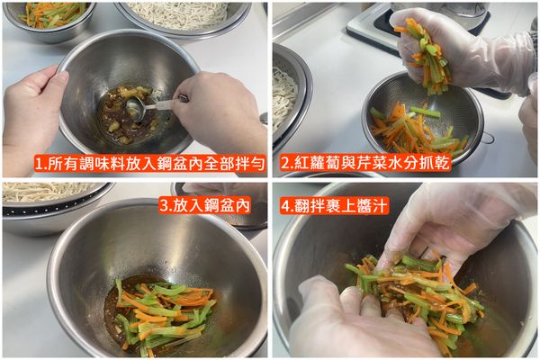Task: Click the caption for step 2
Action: tap(364, 164)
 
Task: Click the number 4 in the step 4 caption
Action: tap(285, 204)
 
